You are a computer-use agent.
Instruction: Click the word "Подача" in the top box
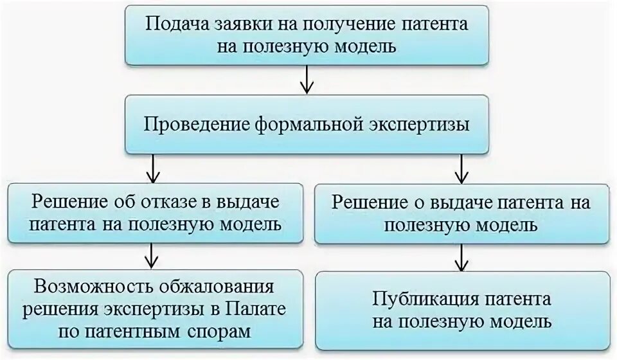(172, 25)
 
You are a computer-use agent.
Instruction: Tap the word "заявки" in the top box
(233, 25)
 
